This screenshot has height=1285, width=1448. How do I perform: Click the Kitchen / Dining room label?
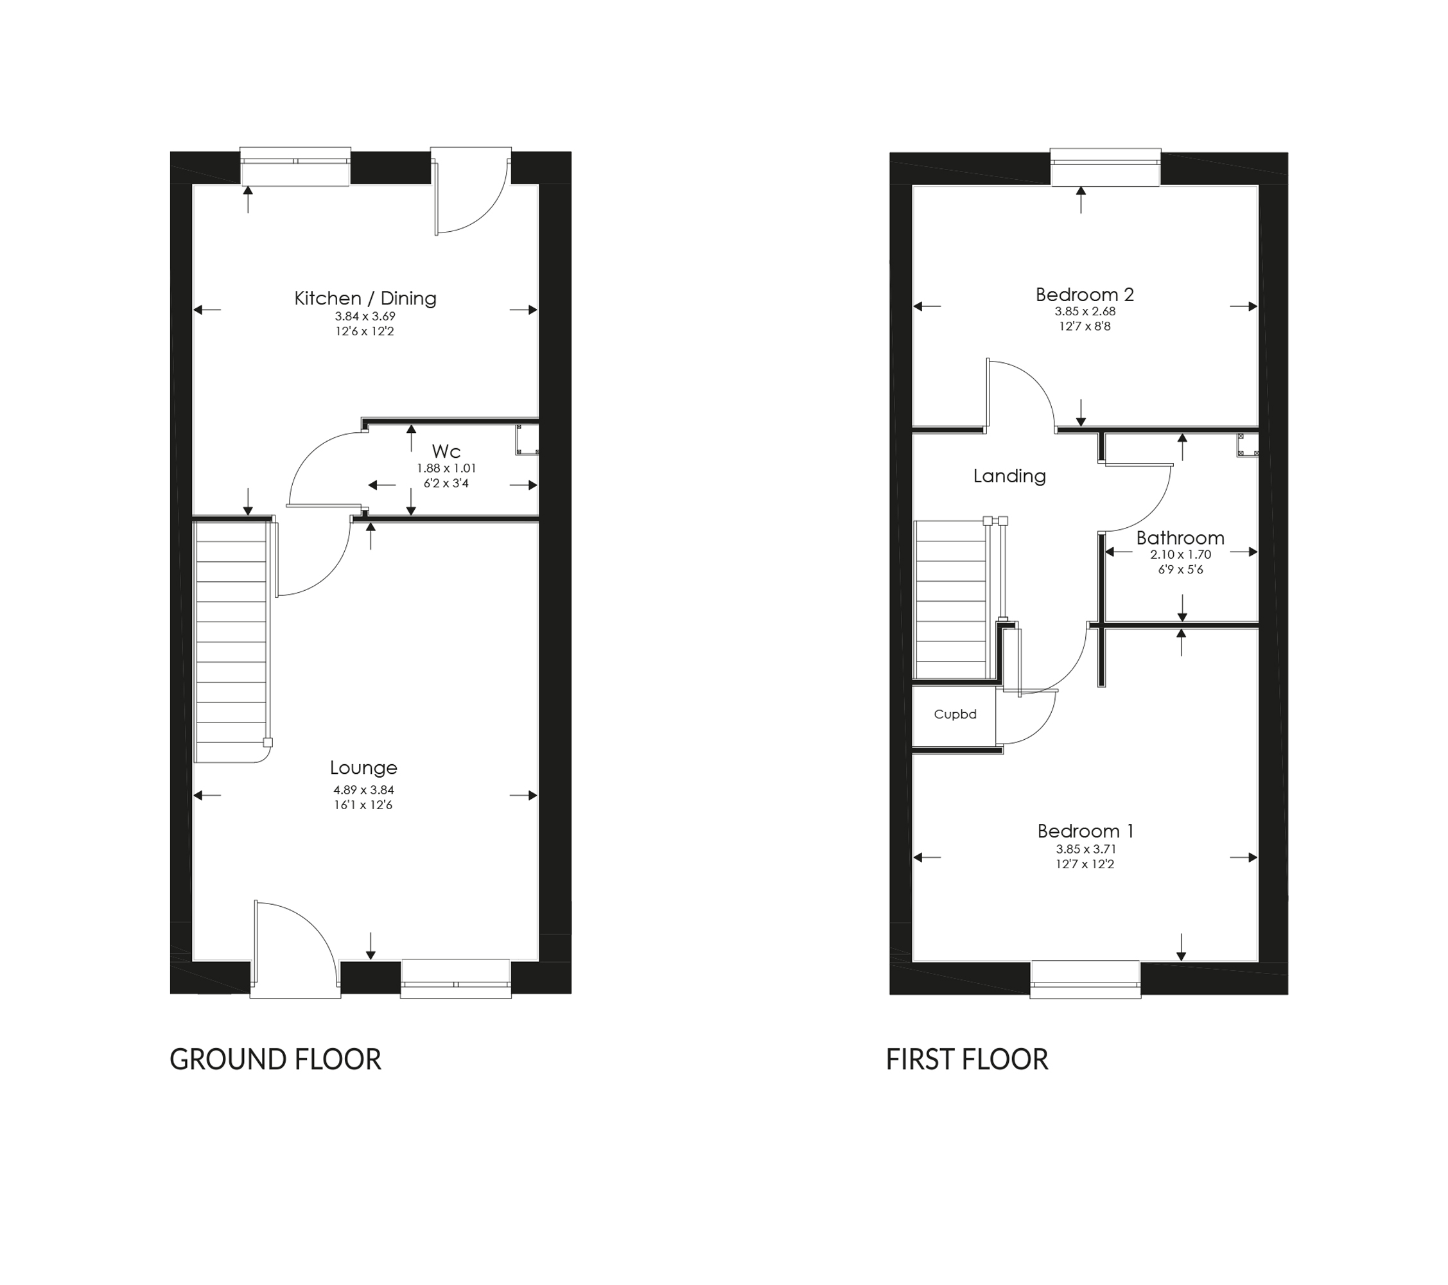365,298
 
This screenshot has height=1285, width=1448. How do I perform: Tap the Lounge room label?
363,768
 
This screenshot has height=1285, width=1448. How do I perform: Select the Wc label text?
446,451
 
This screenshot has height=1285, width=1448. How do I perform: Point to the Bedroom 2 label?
1085,295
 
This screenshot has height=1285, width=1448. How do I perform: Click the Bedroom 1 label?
1085,831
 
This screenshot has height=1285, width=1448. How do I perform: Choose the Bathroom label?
1180,538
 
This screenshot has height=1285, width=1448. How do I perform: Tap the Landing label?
1009,476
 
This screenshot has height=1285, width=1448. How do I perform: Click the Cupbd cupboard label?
955,714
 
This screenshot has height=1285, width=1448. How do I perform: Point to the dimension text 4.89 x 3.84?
363,790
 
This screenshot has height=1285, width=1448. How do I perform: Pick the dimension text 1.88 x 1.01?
446,468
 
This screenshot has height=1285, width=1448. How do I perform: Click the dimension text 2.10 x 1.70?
1180,555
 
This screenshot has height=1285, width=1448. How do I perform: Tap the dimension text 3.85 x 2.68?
1085,311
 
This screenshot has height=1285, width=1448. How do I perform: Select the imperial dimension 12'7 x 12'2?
1085,864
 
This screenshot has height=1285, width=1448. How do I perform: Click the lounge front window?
455,980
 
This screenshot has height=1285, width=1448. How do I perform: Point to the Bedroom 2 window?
1105,167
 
